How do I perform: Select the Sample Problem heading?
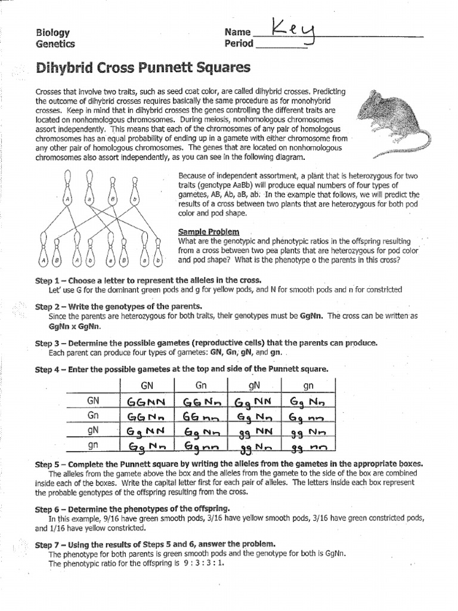point(209,231)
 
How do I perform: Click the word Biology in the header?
point(52,33)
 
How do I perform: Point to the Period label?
point(239,44)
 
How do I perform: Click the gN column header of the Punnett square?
point(255,385)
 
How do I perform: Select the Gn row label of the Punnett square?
point(93,415)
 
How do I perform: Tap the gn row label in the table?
point(93,445)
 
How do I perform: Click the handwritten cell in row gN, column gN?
point(255,431)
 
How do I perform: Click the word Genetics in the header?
point(55,44)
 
